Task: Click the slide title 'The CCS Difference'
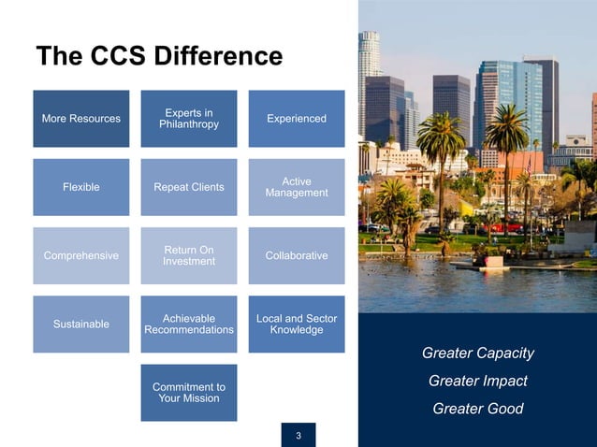[x=158, y=56]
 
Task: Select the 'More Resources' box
[x=81, y=119]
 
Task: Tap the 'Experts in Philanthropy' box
[x=189, y=119]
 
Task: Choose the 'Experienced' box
[x=297, y=119]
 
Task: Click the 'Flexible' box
[x=81, y=187]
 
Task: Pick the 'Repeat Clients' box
[x=189, y=187]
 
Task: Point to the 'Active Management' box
[x=297, y=187]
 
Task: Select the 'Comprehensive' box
[x=81, y=255]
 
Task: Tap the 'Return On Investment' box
[x=189, y=255]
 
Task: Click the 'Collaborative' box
[x=297, y=255]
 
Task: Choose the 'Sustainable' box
[x=81, y=324]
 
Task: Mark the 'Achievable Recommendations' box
[x=189, y=324]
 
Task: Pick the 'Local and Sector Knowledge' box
[x=297, y=324]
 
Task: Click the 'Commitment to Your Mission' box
[x=189, y=393]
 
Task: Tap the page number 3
[x=298, y=435]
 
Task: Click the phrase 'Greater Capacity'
[x=477, y=353]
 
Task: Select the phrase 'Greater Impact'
[x=477, y=381]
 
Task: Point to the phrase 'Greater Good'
[x=477, y=409]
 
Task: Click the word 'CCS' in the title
[x=120, y=56]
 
